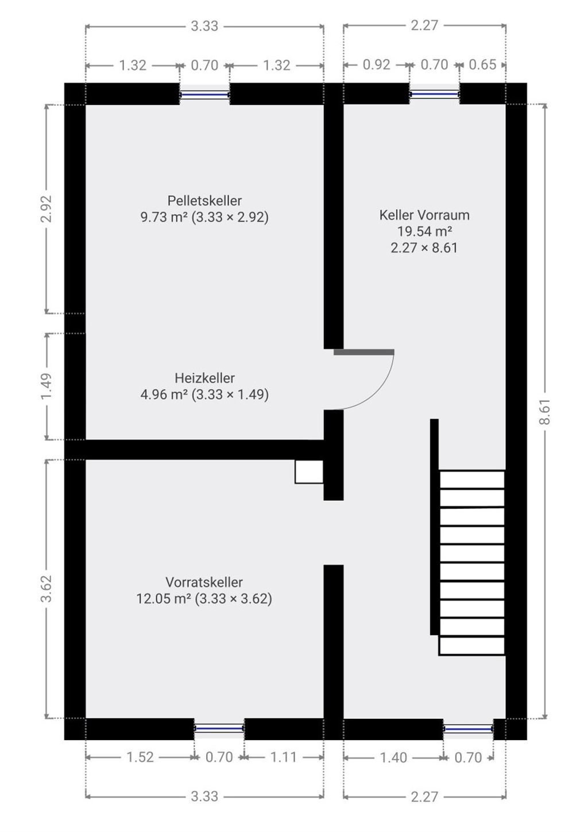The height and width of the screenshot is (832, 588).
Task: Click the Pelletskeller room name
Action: tap(204, 200)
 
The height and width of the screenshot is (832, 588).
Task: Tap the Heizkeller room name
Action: tap(204, 378)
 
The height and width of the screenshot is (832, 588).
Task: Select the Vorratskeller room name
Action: tap(204, 582)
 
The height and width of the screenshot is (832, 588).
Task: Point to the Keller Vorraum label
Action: tap(424, 215)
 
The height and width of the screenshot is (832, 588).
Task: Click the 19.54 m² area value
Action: tap(424, 231)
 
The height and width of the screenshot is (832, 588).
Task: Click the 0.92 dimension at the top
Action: tap(377, 65)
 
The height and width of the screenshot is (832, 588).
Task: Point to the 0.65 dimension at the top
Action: tap(482, 65)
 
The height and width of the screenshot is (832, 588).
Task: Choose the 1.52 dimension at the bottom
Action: tap(140, 757)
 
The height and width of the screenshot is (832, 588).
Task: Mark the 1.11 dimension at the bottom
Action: tap(284, 757)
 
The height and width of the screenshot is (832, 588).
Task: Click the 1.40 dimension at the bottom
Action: tap(393, 757)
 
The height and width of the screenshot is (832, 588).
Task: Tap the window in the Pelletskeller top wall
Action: tap(204, 94)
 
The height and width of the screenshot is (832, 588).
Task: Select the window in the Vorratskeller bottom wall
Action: tap(219, 728)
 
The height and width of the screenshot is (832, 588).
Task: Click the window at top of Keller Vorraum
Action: tap(435, 93)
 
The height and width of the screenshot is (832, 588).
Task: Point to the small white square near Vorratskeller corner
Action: tap(309, 471)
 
